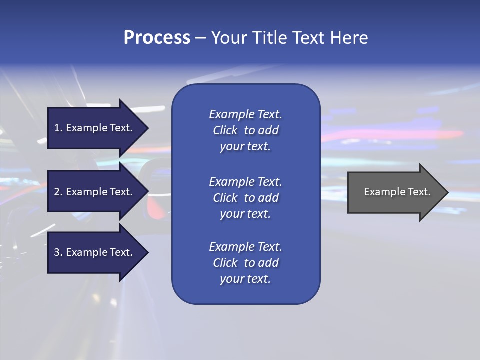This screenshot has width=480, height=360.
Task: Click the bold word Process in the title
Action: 157,38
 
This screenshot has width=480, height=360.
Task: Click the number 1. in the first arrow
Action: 58,128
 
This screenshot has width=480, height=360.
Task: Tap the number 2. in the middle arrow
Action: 58,192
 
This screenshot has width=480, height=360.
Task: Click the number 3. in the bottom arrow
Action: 58,252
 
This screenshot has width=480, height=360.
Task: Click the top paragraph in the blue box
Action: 245,130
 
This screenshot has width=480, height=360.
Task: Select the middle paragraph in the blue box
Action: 245,198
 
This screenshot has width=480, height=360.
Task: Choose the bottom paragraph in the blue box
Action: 245,263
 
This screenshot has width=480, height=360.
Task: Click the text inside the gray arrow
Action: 397,192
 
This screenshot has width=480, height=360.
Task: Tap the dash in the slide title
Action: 200,38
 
